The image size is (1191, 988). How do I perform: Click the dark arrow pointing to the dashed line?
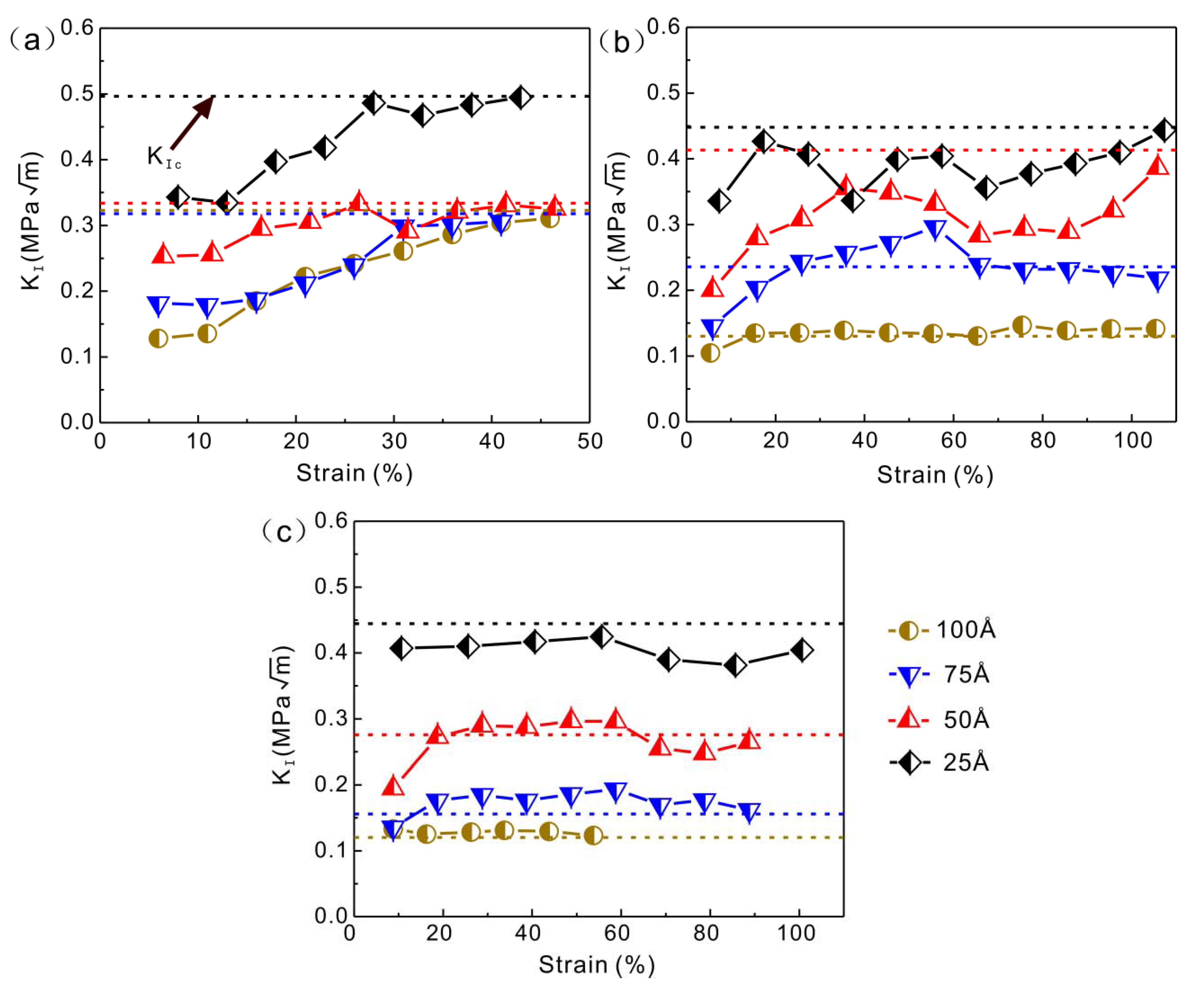(x=192, y=123)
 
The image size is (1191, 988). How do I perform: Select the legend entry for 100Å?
(x=941, y=630)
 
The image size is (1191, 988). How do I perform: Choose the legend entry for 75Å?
(x=941, y=675)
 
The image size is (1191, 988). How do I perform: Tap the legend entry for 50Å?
(x=941, y=719)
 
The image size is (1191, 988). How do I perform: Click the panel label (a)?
(x=31, y=41)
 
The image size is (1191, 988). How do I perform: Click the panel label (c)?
(x=284, y=532)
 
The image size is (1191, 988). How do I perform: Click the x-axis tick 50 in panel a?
(x=590, y=441)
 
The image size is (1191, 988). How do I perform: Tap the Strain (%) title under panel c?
(x=596, y=965)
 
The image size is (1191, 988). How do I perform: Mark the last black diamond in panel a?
(x=520, y=98)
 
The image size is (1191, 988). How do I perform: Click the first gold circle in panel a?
(x=158, y=338)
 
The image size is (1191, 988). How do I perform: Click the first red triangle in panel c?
(x=393, y=786)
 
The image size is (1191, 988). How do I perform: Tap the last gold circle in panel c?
(x=593, y=835)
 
